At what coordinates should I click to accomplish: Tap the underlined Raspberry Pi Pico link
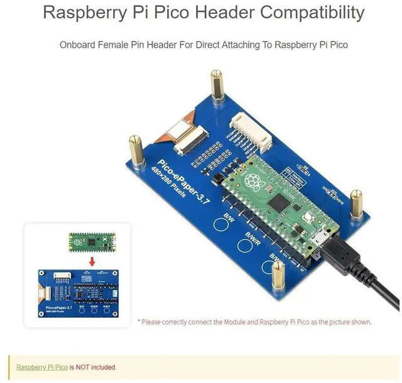point(41,367)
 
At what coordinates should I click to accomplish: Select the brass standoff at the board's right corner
point(357,203)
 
